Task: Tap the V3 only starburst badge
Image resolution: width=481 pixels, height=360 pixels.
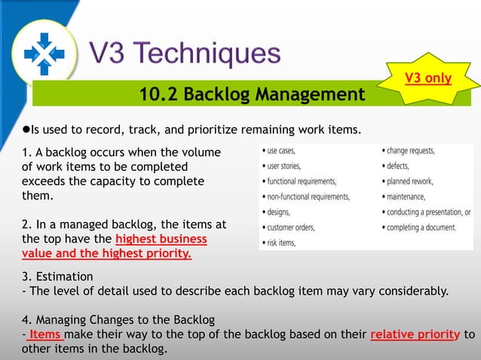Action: pyautogui.click(x=428, y=78)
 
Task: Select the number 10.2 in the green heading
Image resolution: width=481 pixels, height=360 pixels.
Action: pyautogui.click(x=158, y=95)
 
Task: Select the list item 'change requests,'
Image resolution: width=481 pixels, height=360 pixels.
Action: pyautogui.click(x=411, y=151)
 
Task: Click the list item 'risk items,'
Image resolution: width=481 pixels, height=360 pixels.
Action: pyautogui.click(x=280, y=243)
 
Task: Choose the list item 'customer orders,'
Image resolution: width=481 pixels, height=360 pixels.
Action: pyautogui.click(x=290, y=227)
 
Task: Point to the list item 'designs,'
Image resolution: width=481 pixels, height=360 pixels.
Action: pyautogui.click(x=279, y=212)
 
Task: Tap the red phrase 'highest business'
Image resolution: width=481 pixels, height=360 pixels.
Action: pyautogui.click(x=161, y=239)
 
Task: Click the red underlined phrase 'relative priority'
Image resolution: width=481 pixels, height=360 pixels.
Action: pyautogui.click(x=415, y=335)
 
